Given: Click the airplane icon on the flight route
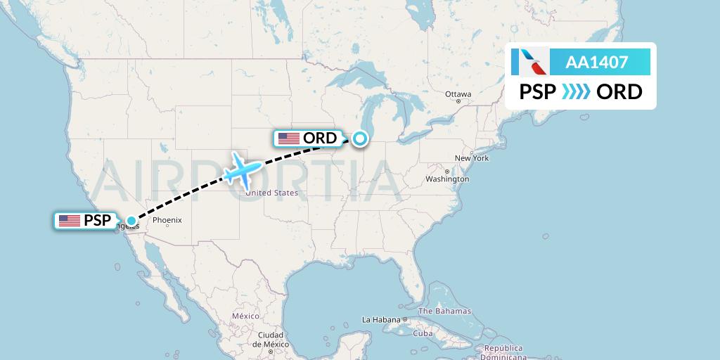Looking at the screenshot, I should coord(242,169).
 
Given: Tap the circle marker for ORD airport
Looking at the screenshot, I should coord(360,139).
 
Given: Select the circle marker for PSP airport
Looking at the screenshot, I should coord(131,221).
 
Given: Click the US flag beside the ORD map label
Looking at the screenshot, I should coord(289,139).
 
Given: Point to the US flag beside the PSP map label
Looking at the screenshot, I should coord(69,221).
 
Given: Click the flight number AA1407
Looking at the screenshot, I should coord(597,62).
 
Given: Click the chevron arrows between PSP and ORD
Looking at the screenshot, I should coord(576,92).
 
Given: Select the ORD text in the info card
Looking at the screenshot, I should coord(619,92).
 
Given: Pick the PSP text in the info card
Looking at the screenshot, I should coord(538,92).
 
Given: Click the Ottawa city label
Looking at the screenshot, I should coord(458,94).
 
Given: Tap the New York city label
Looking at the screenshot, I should coord(472,158).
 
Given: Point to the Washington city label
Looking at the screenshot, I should coord(447,179).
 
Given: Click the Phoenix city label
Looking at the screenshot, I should coord(167,220).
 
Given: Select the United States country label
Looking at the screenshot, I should coord(272,193).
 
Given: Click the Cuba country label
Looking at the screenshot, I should coord(423,333).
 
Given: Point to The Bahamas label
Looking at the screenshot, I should coord(444,311).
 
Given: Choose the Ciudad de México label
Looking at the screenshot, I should coord(271,340).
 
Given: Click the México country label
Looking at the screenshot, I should coord(246,316).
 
